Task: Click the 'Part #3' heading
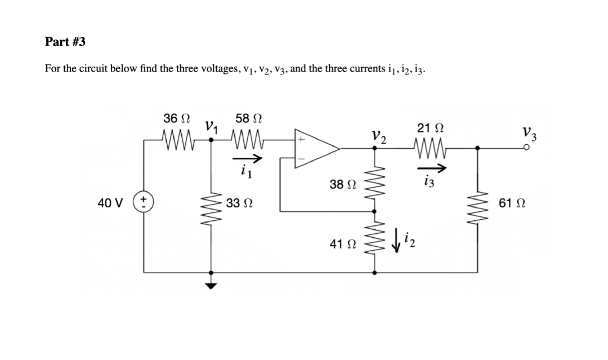65,42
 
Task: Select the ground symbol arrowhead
211,285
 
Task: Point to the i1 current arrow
245,159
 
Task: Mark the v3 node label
530,134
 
